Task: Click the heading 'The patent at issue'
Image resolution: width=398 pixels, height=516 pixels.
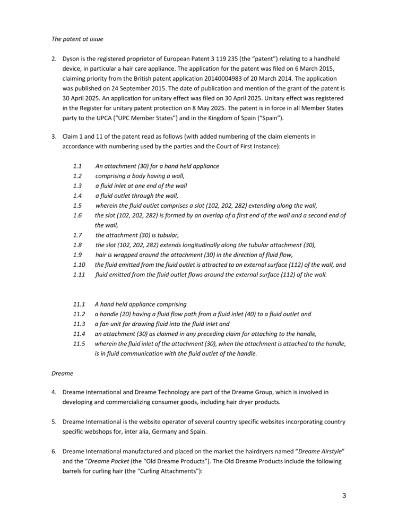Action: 77,39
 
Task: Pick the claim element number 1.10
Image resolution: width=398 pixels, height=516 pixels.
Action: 79,265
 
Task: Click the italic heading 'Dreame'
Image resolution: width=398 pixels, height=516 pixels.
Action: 62,373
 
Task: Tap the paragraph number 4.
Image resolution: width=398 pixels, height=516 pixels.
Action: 54,392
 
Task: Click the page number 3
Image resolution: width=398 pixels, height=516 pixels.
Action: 344,496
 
